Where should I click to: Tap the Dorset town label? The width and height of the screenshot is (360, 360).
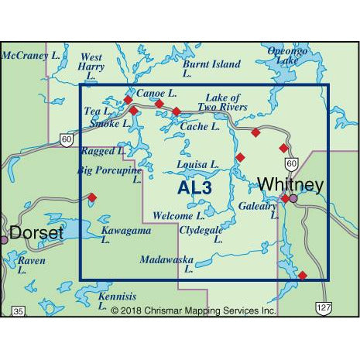pos(36,231)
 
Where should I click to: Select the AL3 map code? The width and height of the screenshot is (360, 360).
pos(194,187)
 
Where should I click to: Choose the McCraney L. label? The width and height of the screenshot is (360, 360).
pos(32,56)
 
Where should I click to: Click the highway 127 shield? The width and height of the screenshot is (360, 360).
pos(323,308)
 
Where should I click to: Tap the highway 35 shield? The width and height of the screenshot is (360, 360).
pos(19,310)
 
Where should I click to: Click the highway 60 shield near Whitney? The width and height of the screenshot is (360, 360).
pos(290,163)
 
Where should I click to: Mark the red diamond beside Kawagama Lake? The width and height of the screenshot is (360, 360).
pos(92,197)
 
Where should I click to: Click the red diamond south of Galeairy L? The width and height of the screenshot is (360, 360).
pos(302,275)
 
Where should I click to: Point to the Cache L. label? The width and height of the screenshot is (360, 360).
pos(196,125)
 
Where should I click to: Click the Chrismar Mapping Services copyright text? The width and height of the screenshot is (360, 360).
pos(193,310)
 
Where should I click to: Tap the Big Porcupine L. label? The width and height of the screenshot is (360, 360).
pos(108,173)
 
